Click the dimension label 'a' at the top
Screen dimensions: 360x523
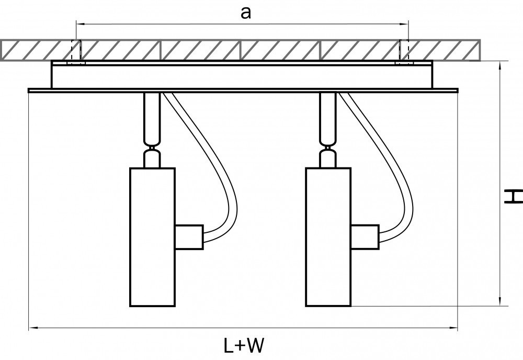[246, 13]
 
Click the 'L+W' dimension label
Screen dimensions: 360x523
[243, 345]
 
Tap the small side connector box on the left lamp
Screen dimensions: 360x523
[188, 237]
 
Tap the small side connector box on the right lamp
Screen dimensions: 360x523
[365, 237]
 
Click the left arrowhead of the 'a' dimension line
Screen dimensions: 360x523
[79, 24]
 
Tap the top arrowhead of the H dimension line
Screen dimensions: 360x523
[502, 64]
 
